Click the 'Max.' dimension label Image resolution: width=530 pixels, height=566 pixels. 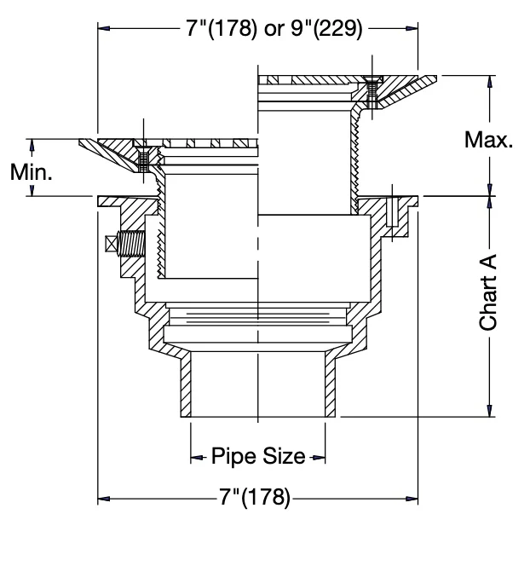click(x=488, y=140)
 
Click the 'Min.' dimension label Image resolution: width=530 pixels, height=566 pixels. click(x=32, y=172)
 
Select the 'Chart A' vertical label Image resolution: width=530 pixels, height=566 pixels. click(x=488, y=292)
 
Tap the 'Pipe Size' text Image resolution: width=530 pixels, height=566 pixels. click(x=258, y=456)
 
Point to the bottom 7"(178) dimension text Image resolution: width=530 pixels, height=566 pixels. click(x=255, y=497)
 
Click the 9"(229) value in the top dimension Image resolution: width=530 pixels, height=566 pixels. click(x=326, y=28)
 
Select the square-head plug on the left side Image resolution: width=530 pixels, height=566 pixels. click(x=112, y=244)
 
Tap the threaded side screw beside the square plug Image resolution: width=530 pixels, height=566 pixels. click(x=131, y=244)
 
